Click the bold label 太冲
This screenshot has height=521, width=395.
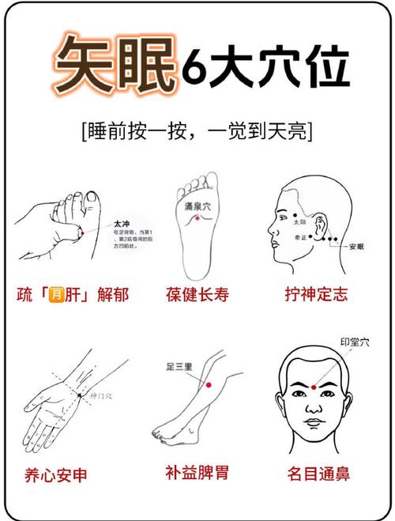click(x=122, y=225)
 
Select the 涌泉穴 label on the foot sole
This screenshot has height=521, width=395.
click(x=198, y=207)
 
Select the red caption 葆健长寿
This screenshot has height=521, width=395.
click(x=198, y=296)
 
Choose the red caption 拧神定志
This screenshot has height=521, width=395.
click(x=316, y=296)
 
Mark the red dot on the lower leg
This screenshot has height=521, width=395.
click(x=209, y=385)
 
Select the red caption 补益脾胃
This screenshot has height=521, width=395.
click(x=197, y=474)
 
